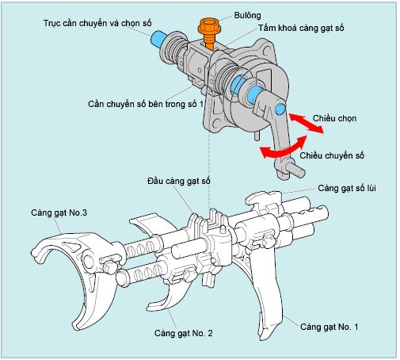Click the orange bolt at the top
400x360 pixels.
209,33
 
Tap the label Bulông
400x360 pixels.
247,15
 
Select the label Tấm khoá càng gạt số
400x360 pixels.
301,28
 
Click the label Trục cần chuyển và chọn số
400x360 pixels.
97,23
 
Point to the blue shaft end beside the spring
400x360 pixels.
158,39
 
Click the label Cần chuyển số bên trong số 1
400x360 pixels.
146,104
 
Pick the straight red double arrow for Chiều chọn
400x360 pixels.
307,123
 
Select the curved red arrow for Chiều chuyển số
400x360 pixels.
284,148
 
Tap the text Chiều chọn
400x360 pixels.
334,118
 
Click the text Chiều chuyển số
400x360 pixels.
332,155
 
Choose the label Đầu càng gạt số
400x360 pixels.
179,181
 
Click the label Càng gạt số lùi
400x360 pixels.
347,188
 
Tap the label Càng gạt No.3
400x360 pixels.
59,213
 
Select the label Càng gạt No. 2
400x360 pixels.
184,333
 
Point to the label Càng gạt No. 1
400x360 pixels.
330,327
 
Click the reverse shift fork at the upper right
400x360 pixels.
264,200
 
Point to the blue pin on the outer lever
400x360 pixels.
280,109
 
